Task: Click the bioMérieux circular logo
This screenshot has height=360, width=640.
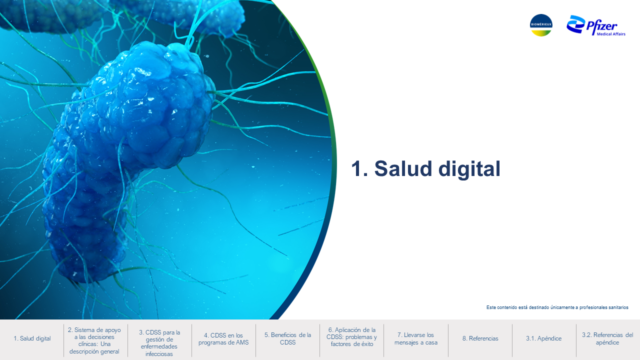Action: [x=541, y=25]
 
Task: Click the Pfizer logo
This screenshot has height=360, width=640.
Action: [x=596, y=25]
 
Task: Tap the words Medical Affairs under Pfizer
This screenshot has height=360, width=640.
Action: [x=611, y=34]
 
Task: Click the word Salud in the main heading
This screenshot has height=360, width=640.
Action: [x=404, y=168]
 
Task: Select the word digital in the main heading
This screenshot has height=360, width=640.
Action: [x=469, y=169]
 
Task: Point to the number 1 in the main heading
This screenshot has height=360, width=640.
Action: [x=356, y=169]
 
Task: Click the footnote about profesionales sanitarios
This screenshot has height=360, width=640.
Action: [x=557, y=307]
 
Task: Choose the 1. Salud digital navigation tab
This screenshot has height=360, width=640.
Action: [x=32, y=338]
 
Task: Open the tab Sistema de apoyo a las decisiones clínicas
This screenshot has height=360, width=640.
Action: [x=94, y=340]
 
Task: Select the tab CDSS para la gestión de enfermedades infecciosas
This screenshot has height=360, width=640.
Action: [x=159, y=343]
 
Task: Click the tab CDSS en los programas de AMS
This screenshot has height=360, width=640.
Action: [x=223, y=339]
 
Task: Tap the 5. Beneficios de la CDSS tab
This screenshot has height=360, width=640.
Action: [x=287, y=338]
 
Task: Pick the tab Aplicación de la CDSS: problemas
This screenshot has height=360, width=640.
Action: [x=351, y=337]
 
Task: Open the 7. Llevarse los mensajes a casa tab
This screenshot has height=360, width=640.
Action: [x=416, y=338]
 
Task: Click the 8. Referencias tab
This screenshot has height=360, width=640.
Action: [x=480, y=338]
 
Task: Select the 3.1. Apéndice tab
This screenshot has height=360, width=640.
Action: [x=543, y=338]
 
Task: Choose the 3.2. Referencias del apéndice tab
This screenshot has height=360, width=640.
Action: [x=607, y=338]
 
